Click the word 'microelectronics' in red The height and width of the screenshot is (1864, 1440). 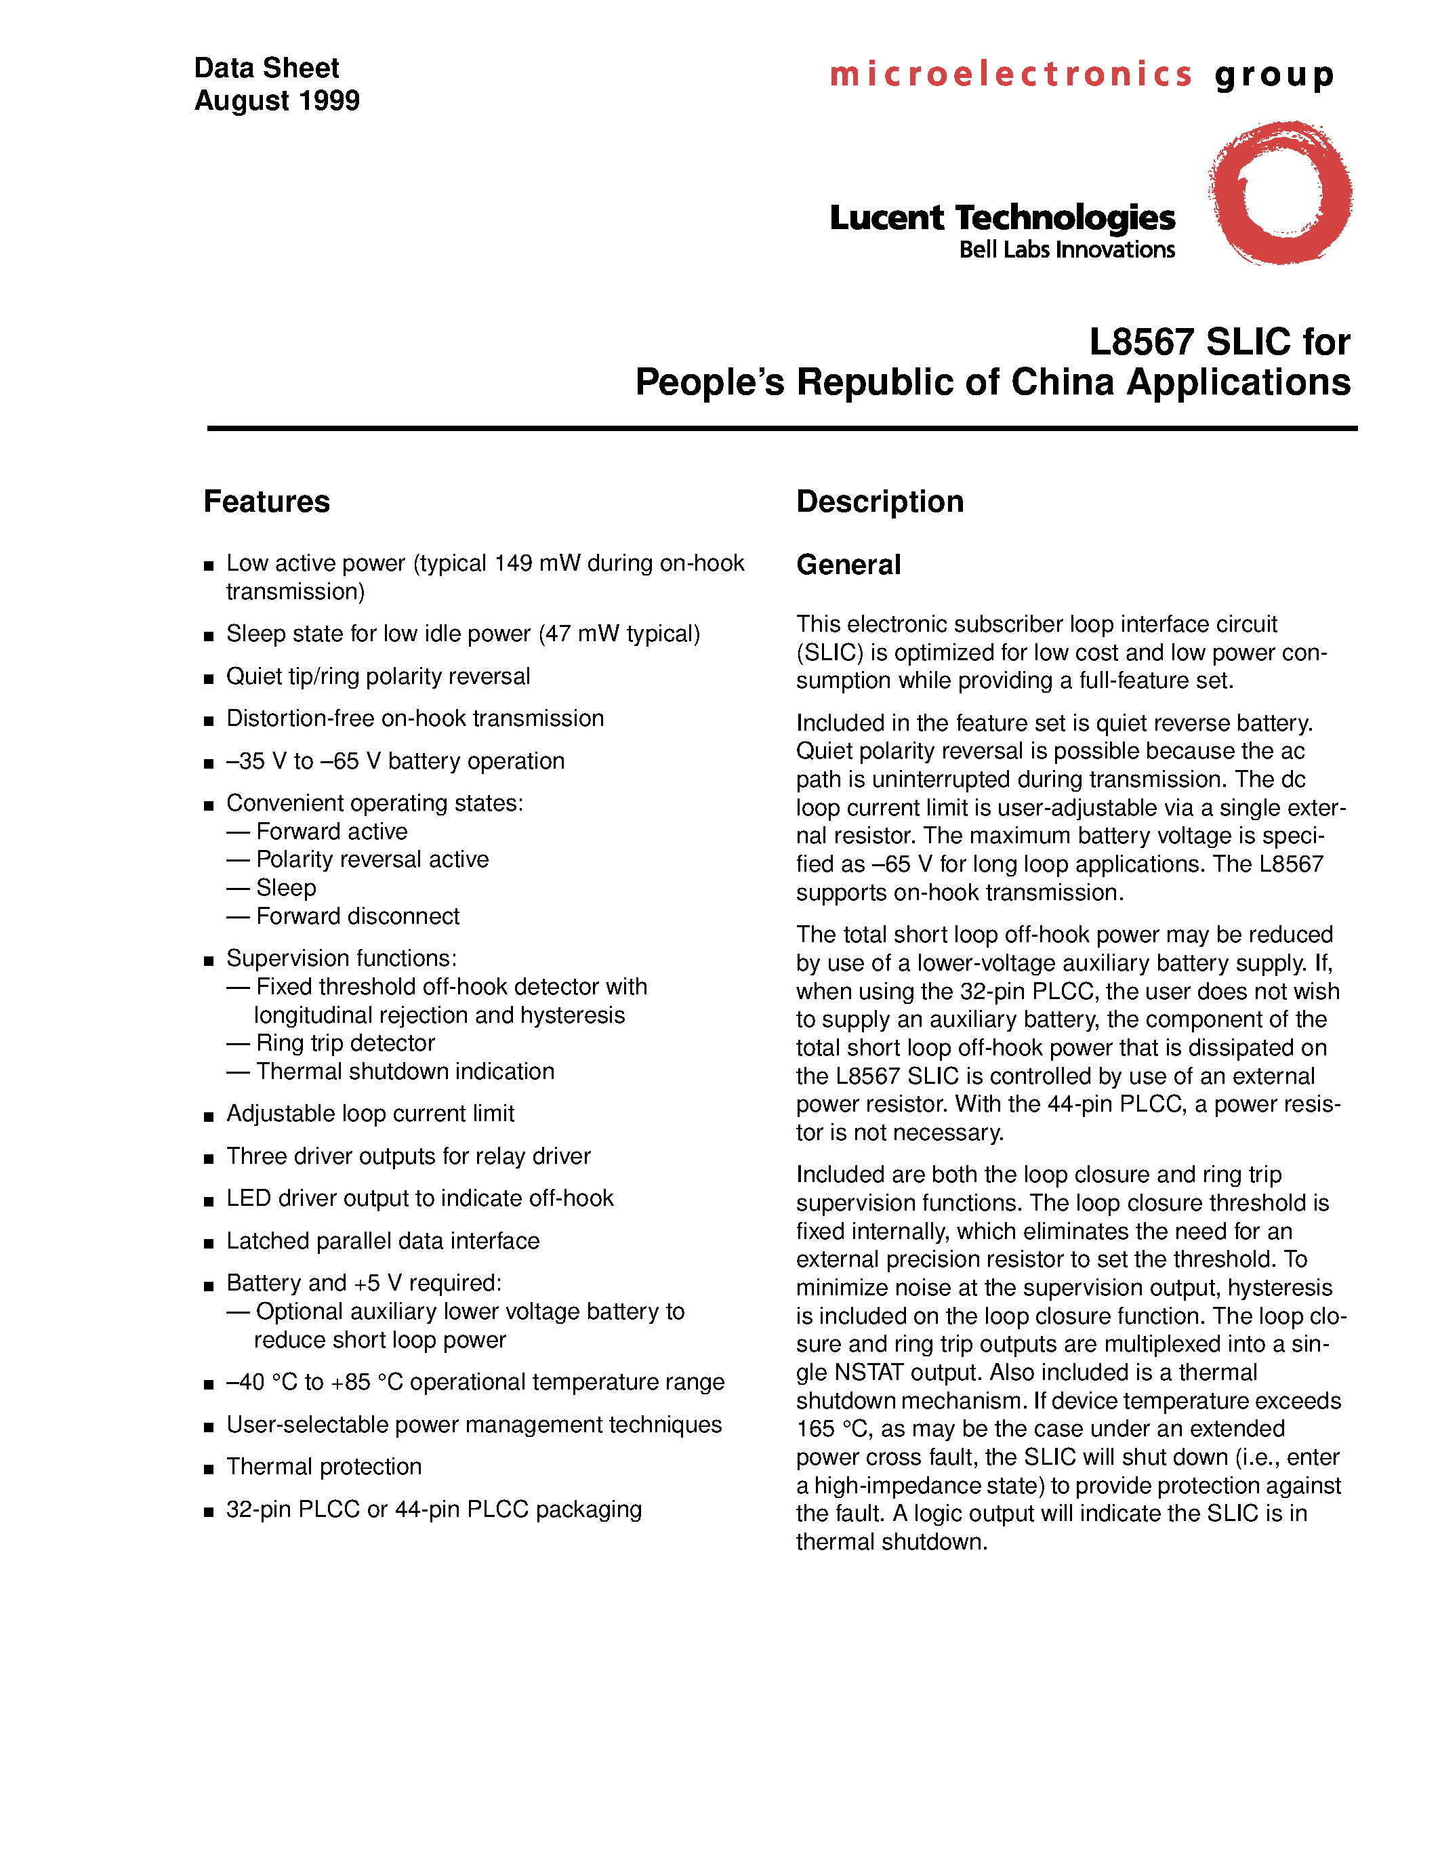1011,75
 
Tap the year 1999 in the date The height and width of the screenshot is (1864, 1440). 329,101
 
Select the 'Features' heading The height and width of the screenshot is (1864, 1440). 266,502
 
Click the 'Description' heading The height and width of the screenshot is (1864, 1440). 880,502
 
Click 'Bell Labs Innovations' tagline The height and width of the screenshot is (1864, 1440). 1067,250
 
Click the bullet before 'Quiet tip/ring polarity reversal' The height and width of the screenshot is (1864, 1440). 208,679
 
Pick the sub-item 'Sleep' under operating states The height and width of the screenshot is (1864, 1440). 286,889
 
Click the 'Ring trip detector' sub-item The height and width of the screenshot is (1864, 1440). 345,1043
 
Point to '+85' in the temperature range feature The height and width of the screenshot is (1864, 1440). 350,1383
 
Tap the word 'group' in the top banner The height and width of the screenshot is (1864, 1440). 1275,75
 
